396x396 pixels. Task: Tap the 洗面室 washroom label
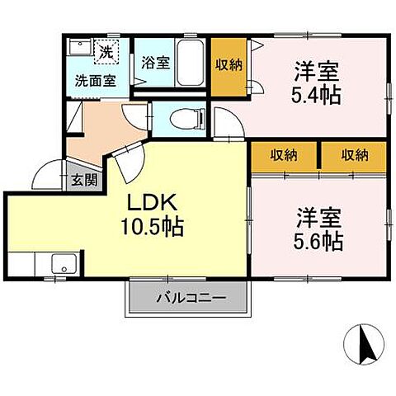[95, 81]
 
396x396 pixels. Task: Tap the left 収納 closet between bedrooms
[284, 154]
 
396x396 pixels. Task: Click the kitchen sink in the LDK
[64, 266]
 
